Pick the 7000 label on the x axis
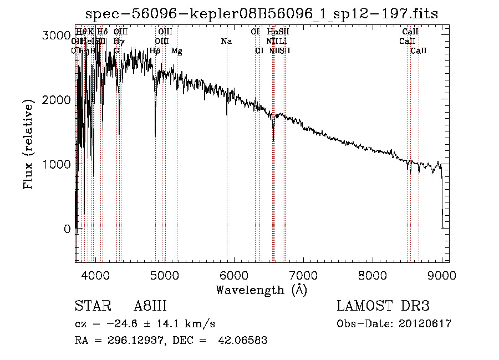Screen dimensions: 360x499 tap(303, 275)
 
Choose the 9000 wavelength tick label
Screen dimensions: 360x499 tap(441, 275)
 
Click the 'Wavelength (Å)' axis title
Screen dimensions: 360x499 tap(261, 290)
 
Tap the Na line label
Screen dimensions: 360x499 tap(226, 41)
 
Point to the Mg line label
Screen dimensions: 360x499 tap(176, 51)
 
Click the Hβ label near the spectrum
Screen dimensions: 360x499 tap(155, 51)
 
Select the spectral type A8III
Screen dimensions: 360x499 tap(150, 306)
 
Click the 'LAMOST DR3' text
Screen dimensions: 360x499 tap(383, 306)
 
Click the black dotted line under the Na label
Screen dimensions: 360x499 tap(227, 166)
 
